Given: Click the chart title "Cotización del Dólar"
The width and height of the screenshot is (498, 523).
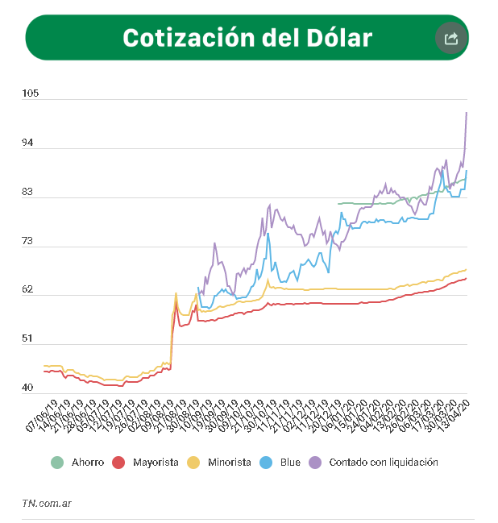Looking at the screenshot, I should pos(247,38).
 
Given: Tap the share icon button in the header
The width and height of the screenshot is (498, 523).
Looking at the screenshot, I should pos(450,38).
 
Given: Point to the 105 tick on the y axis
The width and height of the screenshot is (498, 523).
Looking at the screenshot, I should pos(31,94).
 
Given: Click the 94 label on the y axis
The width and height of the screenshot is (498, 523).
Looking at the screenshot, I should pos(30,143).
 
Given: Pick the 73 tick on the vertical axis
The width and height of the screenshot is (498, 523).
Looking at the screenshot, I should pos(30,241).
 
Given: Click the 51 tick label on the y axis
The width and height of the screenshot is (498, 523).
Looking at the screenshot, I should pos(30,339).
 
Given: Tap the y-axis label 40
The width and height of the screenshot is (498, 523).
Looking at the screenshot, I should pos(30,388).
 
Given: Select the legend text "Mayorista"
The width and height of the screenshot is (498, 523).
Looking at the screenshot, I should pos(155,463).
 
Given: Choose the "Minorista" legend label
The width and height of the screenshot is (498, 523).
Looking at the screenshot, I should pos(229,463).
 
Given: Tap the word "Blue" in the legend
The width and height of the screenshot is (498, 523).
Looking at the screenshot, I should pos(291,463).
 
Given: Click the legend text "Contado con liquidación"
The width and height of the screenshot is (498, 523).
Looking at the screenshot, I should pos(384,463).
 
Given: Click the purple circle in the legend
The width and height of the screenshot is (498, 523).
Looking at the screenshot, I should pos(316,463).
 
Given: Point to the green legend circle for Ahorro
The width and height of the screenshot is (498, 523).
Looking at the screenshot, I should pos(57,463).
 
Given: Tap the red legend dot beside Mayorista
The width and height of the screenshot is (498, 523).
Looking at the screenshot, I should pos(118,463).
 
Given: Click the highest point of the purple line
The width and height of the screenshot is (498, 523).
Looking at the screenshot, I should pos(467,113).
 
